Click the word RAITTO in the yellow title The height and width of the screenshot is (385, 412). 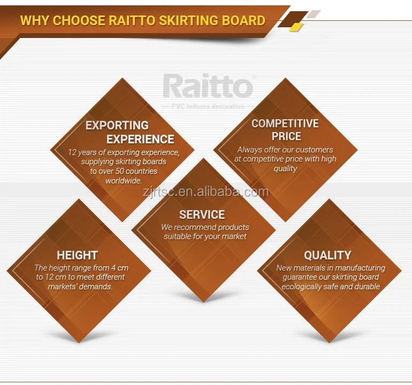[x=132, y=20]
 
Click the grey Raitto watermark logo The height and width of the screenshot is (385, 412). [x=208, y=86]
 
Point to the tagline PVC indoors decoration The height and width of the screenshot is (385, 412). [x=208, y=106]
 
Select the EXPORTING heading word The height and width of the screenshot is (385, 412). [x=117, y=125]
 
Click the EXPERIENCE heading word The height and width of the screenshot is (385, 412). [x=140, y=139]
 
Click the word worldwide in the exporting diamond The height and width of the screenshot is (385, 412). [x=124, y=180]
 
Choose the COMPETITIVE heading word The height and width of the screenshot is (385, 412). [x=285, y=124]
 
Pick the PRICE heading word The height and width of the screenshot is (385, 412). [x=286, y=136]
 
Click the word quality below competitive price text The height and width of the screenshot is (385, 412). [x=285, y=168]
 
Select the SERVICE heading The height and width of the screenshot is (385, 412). [x=202, y=214]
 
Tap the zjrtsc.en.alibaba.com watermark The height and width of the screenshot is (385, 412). [x=206, y=192]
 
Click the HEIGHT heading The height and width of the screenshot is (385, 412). [x=77, y=255]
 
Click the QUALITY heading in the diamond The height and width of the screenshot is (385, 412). [x=327, y=255]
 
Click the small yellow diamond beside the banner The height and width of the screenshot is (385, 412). [x=296, y=27]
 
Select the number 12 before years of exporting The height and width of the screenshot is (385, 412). [x=72, y=152]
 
